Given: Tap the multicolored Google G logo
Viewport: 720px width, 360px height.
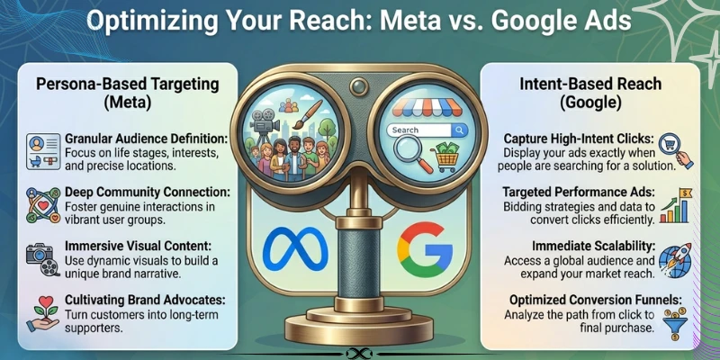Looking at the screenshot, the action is [425, 249].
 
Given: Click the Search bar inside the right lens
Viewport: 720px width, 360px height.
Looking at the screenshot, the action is [427, 130].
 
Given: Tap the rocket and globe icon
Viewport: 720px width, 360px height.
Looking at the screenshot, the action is [674, 260].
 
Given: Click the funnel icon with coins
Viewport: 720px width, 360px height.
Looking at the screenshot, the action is [675, 324].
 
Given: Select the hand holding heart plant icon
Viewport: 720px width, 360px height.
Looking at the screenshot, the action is [43, 313].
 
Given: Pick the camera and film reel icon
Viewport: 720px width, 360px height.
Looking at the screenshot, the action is [43, 259].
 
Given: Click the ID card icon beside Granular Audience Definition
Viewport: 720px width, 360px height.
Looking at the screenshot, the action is [43, 151].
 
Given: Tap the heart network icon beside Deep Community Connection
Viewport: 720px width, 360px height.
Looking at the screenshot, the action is [43, 205].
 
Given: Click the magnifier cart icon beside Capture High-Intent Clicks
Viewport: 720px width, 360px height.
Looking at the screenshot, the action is [676, 151].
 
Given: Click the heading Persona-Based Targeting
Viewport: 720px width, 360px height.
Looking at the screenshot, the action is [128, 85].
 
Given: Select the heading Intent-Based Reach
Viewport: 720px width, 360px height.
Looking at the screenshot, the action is [590, 84].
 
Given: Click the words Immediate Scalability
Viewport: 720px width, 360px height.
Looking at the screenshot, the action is [593, 247].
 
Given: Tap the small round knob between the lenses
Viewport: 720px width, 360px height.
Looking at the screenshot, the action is [358, 85].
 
